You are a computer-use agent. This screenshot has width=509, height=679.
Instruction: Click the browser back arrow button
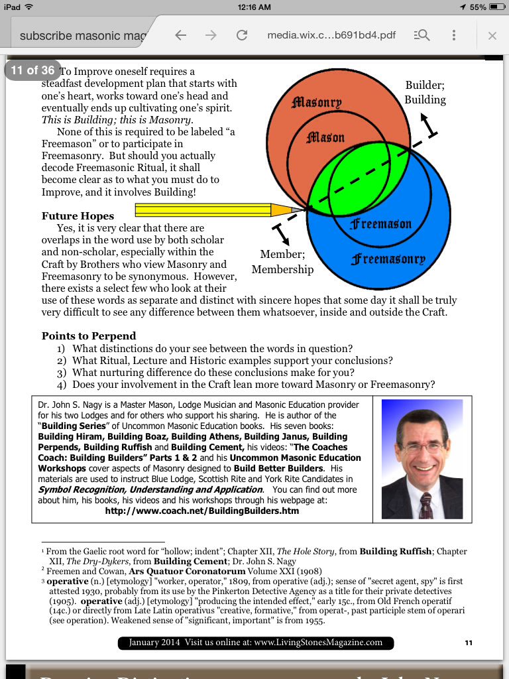(x=181, y=35)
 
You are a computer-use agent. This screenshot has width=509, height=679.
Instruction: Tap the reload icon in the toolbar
(x=242, y=35)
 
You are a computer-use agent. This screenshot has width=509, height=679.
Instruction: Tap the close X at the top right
(x=492, y=35)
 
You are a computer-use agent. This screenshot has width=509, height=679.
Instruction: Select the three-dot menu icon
(x=454, y=35)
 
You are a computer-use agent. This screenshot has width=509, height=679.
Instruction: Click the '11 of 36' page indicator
(x=32, y=70)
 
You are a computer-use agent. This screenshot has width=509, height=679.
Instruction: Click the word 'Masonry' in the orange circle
(x=317, y=102)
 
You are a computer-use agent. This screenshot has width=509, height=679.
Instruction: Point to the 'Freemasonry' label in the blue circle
(x=388, y=259)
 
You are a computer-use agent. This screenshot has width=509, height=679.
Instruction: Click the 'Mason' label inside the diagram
(x=325, y=137)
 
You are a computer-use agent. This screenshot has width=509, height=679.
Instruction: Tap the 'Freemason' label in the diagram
(x=381, y=224)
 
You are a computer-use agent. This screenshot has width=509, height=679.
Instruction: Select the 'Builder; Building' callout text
(x=425, y=93)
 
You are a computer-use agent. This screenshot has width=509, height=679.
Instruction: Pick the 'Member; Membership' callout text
(x=282, y=262)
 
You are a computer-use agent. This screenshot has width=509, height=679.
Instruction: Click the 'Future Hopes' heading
(x=78, y=216)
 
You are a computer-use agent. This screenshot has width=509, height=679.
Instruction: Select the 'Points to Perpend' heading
(x=89, y=336)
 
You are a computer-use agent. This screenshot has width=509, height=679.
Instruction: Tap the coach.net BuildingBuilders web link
(x=201, y=511)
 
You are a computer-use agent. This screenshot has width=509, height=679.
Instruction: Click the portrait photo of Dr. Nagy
(x=422, y=459)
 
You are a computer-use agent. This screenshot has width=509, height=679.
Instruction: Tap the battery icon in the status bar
(x=497, y=7)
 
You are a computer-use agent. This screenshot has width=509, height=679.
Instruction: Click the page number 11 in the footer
(x=469, y=643)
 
